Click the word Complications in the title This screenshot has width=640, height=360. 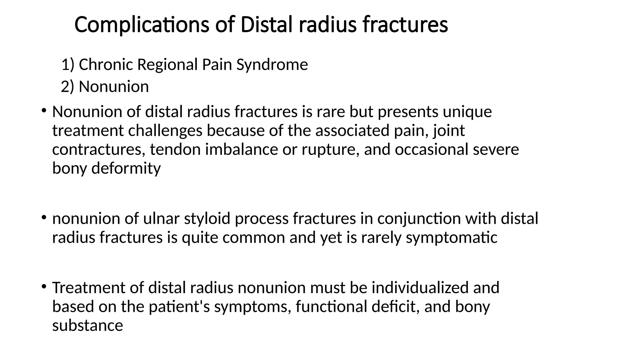pyautogui.click(x=142, y=25)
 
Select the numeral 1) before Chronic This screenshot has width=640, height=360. pyautogui.click(x=68, y=65)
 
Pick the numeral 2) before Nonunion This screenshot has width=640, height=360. pyautogui.click(x=68, y=87)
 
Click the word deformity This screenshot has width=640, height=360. pyautogui.click(x=126, y=168)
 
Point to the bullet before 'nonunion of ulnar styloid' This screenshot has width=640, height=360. pyautogui.click(x=44, y=217)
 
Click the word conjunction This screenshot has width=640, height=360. pyautogui.click(x=419, y=218)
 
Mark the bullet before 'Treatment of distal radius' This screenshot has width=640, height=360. pyautogui.click(x=44, y=286)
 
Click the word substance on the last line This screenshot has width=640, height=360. pyautogui.click(x=87, y=326)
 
